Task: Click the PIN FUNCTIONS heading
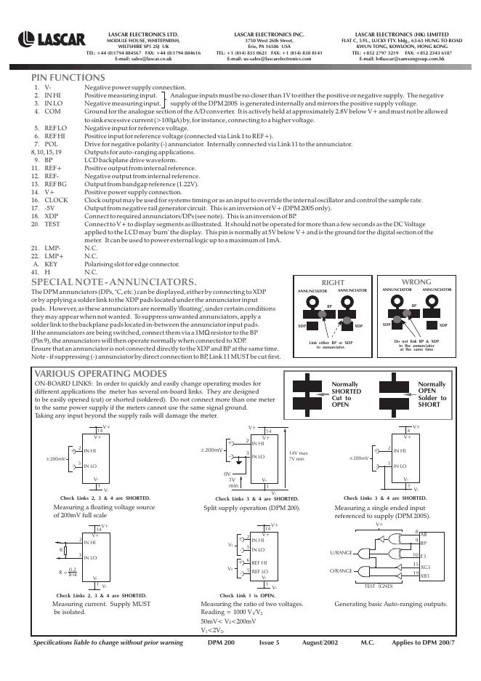68,77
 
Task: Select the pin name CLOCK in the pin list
57,199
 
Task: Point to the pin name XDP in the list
52,216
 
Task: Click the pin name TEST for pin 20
52,224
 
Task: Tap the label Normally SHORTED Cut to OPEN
346,394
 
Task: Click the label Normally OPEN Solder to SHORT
433,394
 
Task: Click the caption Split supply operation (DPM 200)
251,507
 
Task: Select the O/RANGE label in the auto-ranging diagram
341,572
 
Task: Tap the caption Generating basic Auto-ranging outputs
390,604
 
